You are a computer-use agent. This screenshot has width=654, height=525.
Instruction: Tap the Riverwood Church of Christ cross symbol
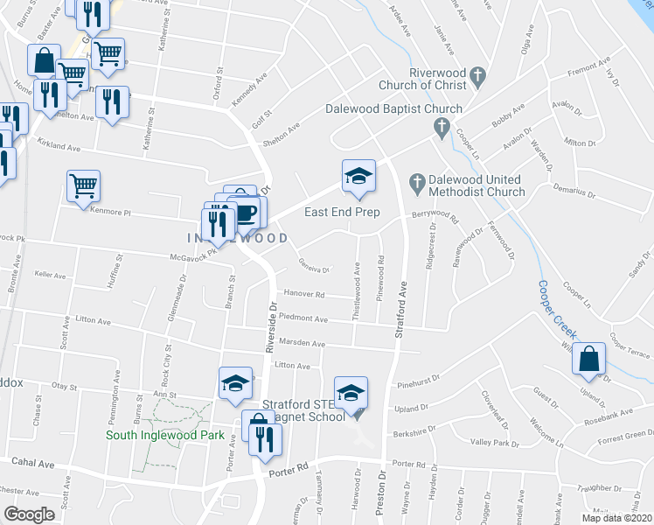477,77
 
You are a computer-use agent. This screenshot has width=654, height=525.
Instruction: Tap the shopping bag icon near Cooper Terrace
590,357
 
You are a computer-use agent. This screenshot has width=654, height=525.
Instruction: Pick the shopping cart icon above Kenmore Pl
83,185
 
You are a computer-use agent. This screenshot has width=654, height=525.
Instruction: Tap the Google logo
29,514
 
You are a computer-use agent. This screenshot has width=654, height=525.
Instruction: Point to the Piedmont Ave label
303,319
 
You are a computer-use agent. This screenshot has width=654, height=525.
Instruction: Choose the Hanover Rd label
302,295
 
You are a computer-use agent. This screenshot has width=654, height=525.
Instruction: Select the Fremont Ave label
588,66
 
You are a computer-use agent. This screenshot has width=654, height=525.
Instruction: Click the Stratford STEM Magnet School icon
351,394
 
